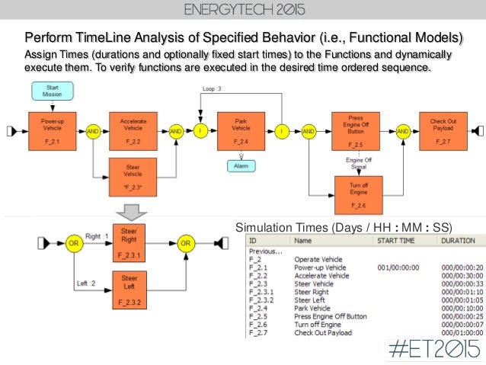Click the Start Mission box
tap(53, 91)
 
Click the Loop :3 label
tap(212, 89)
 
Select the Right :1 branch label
tap(98, 236)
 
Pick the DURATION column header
tap(457, 241)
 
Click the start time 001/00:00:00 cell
tap(398, 267)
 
